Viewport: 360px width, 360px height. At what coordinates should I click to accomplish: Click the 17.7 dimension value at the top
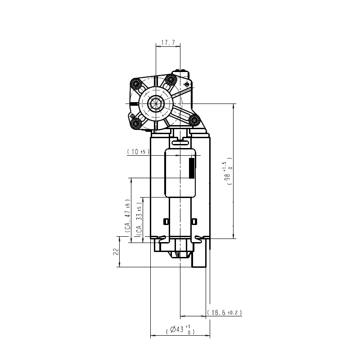(x=168, y=43)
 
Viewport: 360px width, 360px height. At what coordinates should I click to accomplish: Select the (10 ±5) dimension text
(x=138, y=152)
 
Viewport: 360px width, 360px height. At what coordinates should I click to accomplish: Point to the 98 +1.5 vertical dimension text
(x=228, y=171)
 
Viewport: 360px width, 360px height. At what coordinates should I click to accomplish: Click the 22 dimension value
(x=117, y=252)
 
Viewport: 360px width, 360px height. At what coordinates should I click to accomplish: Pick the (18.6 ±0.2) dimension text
(x=224, y=312)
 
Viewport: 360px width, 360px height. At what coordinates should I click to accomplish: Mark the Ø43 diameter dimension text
(x=180, y=329)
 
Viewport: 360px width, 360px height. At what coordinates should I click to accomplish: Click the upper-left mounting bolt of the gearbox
(x=135, y=83)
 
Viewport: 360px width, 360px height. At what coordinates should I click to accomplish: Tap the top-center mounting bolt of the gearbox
(x=171, y=80)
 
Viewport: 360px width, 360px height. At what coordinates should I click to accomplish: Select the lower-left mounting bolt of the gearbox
(x=136, y=123)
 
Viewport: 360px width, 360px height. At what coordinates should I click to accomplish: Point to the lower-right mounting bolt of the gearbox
(x=194, y=120)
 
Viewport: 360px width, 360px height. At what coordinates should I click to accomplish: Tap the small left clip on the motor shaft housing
(x=166, y=221)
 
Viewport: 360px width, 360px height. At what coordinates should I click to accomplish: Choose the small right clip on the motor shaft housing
(x=194, y=221)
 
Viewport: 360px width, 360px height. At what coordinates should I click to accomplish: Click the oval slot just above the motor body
(x=180, y=143)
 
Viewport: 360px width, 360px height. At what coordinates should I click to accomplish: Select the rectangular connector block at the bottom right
(x=199, y=259)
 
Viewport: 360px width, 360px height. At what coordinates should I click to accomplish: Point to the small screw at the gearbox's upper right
(x=187, y=85)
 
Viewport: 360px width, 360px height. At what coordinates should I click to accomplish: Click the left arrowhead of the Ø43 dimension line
(x=153, y=335)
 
